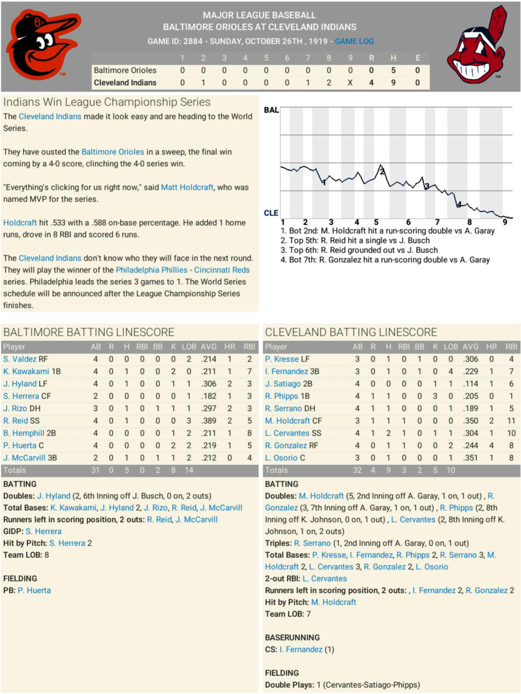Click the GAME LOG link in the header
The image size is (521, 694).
(354, 41)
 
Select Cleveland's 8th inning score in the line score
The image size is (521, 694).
(329, 82)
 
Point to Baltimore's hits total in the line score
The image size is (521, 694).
(393, 70)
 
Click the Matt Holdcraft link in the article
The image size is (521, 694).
(187, 187)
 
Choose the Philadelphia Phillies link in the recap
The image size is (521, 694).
(151, 270)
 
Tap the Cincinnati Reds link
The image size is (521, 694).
(222, 270)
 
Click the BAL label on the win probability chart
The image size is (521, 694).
(271, 110)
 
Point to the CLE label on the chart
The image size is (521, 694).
(271, 213)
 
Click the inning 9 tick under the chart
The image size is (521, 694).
(505, 222)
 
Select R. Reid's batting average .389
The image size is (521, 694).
(209, 421)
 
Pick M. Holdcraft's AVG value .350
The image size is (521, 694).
(471, 421)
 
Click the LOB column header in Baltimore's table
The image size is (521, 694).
(189, 347)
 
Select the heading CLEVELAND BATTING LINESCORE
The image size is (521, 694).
(351, 332)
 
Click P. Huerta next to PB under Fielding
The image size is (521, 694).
(34, 590)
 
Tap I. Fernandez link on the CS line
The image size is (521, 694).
(301, 649)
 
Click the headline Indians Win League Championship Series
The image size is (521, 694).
(107, 102)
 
